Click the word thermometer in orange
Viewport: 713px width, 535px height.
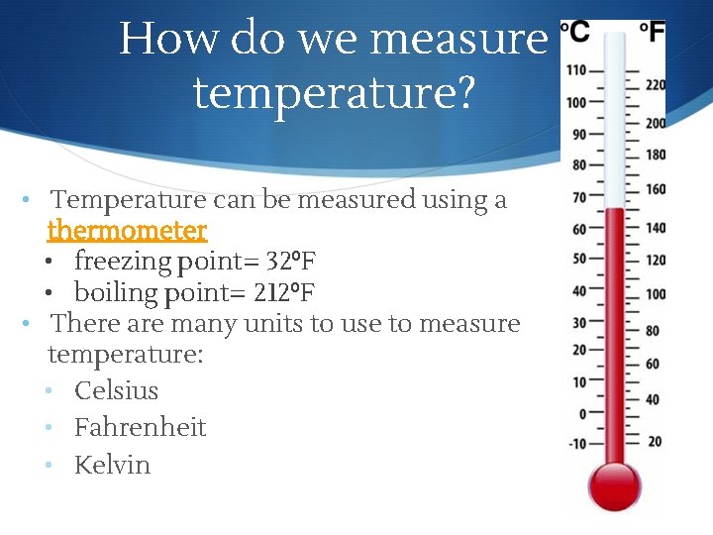127,231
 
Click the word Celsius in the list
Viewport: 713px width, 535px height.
116,390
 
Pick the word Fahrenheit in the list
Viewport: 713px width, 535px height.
140,427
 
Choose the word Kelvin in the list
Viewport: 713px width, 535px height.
112,465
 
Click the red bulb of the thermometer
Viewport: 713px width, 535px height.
615,484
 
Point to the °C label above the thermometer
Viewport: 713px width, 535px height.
575,33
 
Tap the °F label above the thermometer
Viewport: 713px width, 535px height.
652,33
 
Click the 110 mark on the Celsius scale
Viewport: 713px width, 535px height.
576,70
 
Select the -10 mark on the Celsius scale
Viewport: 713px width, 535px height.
576,443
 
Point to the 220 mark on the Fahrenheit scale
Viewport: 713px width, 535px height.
655,86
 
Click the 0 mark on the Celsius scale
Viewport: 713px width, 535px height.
581,413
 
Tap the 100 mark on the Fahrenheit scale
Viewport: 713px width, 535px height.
655,294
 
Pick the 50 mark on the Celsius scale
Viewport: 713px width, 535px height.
579,259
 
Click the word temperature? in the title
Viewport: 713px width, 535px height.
334,93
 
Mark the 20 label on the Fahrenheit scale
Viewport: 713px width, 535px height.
654,441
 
